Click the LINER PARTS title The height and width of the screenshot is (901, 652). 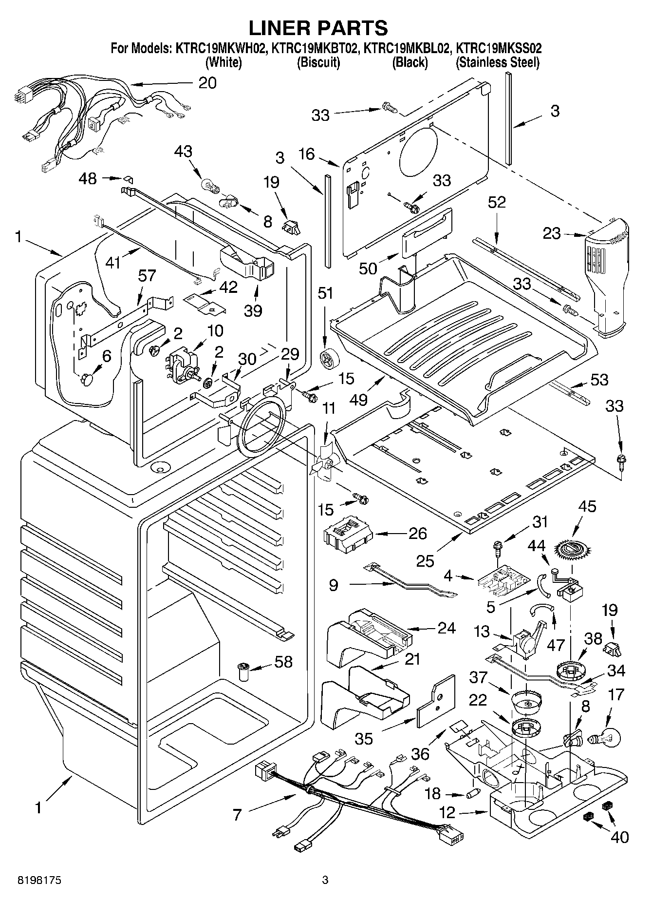pyautogui.click(x=318, y=28)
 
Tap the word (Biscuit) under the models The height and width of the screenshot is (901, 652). pyautogui.click(x=318, y=62)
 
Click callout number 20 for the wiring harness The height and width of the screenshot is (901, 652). pyautogui.click(x=207, y=83)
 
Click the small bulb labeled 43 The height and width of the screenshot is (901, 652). pyautogui.click(x=209, y=185)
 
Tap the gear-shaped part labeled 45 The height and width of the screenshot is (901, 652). pyautogui.click(x=574, y=549)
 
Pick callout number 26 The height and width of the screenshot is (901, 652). pyautogui.click(x=417, y=533)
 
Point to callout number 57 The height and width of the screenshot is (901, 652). pyautogui.click(x=147, y=276)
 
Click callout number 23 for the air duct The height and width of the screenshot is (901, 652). pyautogui.click(x=552, y=233)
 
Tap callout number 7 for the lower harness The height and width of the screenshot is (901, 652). pyautogui.click(x=237, y=814)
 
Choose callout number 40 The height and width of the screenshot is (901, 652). pyautogui.click(x=619, y=837)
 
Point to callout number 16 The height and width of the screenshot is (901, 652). pyautogui.click(x=307, y=155)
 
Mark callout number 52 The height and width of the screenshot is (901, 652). pyautogui.click(x=497, y=202)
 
